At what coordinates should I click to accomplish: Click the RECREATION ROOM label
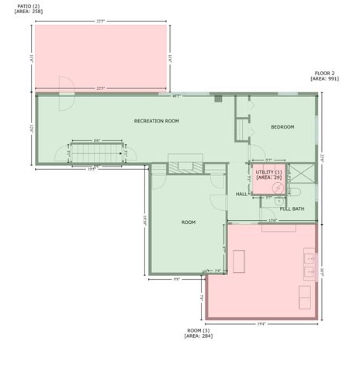point(156,121)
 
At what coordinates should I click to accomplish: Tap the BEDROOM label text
point(282,127)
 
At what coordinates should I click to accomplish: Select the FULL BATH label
point(292,208)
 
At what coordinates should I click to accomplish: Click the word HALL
point(241,194)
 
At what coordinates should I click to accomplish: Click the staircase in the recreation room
point(97,153)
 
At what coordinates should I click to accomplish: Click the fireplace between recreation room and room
point(185,165)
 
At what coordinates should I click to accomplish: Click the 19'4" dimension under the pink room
point(262,324)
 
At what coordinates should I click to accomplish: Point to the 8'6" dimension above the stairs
point(96,139)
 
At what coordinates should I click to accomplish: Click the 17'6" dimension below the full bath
point(272,220)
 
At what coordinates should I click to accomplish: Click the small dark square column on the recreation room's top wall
point(218,98)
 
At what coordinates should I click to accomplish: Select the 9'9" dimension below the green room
point(176,279)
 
